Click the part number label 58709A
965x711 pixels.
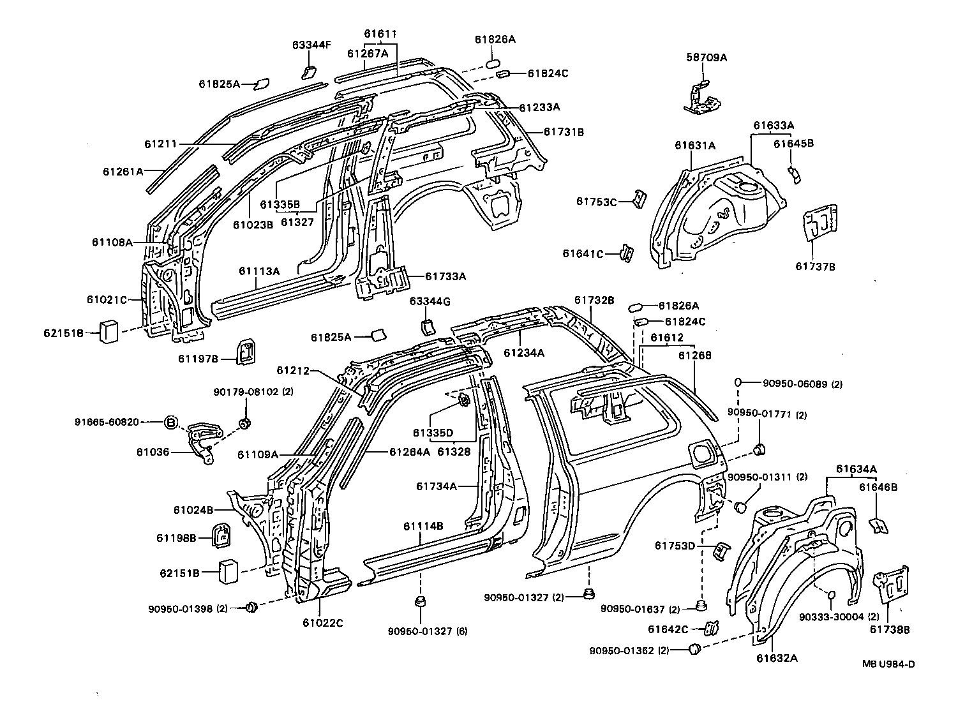click(x=707, y=57)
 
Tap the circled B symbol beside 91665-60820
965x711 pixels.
click(x=171, y=422)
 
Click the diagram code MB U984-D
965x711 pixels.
click(x=888, y=664)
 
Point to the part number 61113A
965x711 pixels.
click(x=260, y=271)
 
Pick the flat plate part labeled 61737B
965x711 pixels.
click(x=819, y=223)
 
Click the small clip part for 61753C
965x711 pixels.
click(x=638, y=198)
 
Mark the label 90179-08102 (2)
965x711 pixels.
click(x=253, y=392)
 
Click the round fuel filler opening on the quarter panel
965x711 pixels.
click(x=702, y=454)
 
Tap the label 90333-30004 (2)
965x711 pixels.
click(x=840, y=617)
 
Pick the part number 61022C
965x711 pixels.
click(x=322, y=623)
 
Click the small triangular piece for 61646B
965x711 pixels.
click(x=878, y=525)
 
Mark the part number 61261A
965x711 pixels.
click(x=123, y=171)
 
